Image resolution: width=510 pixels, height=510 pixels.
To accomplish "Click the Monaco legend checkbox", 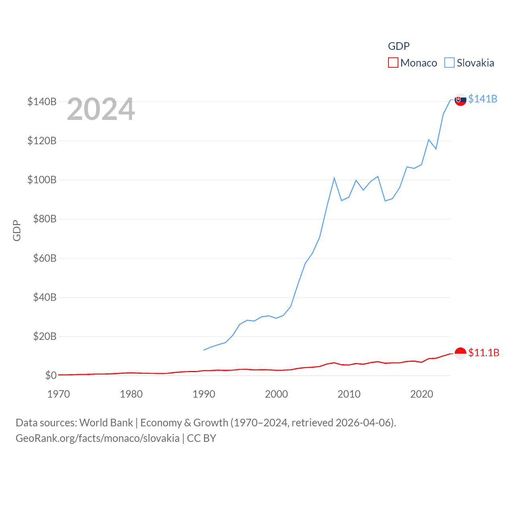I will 393,63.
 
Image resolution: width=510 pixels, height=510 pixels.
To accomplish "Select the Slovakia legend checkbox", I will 449,63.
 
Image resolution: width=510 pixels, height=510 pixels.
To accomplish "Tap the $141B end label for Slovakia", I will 483,99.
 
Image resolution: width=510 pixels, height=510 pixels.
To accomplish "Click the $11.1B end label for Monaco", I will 483,353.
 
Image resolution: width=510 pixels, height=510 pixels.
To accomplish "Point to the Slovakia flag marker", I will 460,100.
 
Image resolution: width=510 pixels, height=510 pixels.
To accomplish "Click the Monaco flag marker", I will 460,353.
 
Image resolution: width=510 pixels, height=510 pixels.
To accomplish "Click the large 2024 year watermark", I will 101,109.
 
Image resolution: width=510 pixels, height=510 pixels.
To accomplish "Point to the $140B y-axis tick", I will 42,102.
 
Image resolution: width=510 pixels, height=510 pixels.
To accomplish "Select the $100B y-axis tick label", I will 42,180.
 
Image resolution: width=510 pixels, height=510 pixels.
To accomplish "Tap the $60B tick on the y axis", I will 45,258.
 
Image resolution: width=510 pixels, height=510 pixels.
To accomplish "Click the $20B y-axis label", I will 45,336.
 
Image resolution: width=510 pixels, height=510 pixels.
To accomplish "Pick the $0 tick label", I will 51,375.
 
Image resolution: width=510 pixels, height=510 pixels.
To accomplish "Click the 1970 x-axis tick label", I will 59,394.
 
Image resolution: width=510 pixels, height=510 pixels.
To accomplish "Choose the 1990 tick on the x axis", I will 204,394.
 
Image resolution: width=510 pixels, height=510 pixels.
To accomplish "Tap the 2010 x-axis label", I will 349,394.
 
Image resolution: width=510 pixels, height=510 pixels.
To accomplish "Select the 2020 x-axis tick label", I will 422,394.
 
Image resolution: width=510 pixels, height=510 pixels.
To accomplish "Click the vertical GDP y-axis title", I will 17,230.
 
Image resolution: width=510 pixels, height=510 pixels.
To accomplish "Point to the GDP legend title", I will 398,46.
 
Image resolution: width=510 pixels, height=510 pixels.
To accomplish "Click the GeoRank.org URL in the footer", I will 98,438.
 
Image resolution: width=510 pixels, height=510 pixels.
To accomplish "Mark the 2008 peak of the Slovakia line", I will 334,178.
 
